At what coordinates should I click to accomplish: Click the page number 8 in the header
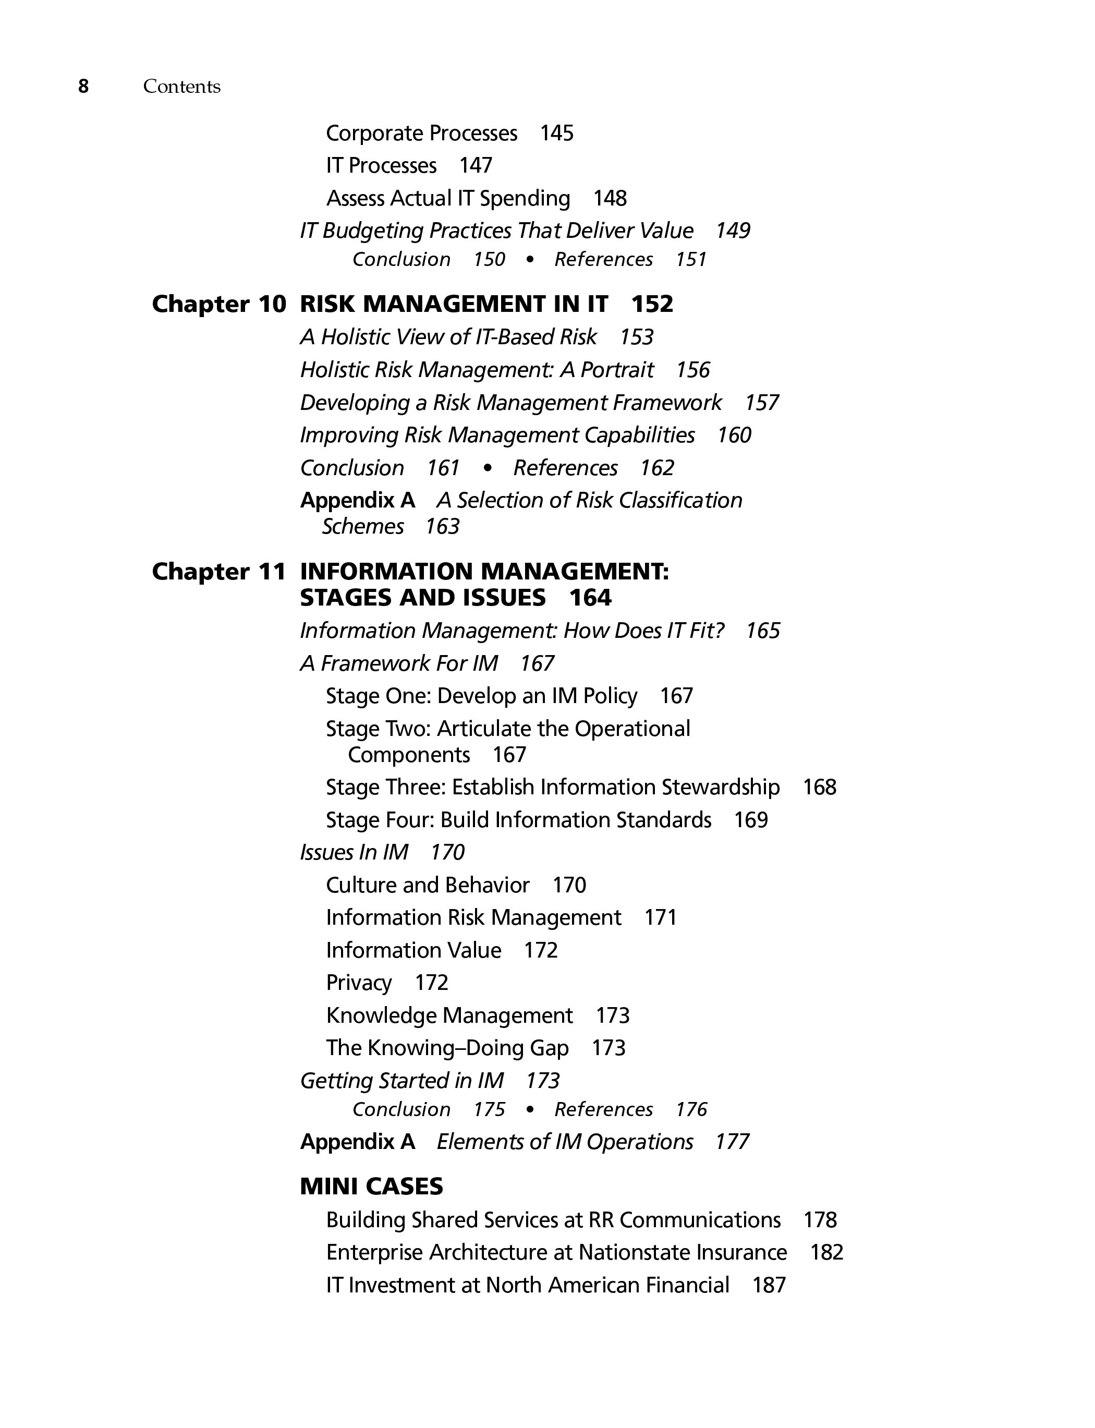83,86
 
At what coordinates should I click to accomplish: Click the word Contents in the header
182,87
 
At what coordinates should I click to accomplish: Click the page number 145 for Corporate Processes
557,133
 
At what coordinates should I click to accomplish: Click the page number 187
769,1285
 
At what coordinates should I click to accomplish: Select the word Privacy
359,983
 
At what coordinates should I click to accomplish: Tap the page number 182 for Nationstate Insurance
826,1252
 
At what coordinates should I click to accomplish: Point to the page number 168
819,788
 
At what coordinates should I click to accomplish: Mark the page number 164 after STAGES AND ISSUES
590,598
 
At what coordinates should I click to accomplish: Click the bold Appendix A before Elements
357,1142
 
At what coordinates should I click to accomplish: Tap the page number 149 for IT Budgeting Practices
733,231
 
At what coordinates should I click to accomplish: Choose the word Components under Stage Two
409,755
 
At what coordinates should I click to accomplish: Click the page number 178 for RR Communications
820,1219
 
